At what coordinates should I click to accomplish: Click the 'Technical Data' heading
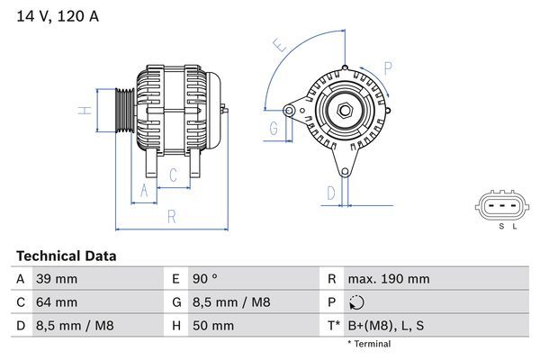(67, 256)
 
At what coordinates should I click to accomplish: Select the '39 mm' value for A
(56, 280)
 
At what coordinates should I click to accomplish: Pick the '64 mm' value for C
(56, 302)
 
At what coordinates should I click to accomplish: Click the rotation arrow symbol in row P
(357, 302)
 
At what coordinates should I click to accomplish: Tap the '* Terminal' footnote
(369, 344)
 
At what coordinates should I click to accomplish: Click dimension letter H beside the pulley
(83, 112)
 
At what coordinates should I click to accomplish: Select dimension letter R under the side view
(171, 216)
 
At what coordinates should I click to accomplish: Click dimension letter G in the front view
(273, 128)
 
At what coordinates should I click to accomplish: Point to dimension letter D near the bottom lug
(330, 192)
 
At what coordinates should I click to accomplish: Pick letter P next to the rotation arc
(387, 67)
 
